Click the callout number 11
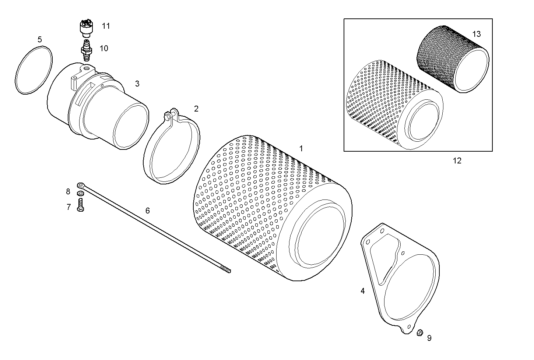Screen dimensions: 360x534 click(x=106, y=26)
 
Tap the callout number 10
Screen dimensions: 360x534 click(x=104, y=48)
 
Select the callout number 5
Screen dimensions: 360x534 click(x=40, y=39)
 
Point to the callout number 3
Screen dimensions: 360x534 click(x=137, y=84)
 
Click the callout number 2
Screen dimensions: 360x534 click(x=196, y=109)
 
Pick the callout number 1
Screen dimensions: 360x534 click(x=301, y=149)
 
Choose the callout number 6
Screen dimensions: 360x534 click(x=148, y=211)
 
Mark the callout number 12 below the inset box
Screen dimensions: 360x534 click(x=457, y=160)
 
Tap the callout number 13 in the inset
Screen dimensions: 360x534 click(x=476, y=34)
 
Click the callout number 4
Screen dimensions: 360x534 click(x=362, y=291)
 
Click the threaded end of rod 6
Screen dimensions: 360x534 click(x=225, y=270)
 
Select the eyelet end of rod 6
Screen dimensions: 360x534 click(x=81, y=185)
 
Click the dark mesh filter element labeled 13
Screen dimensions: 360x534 click(x=449, y=59)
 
